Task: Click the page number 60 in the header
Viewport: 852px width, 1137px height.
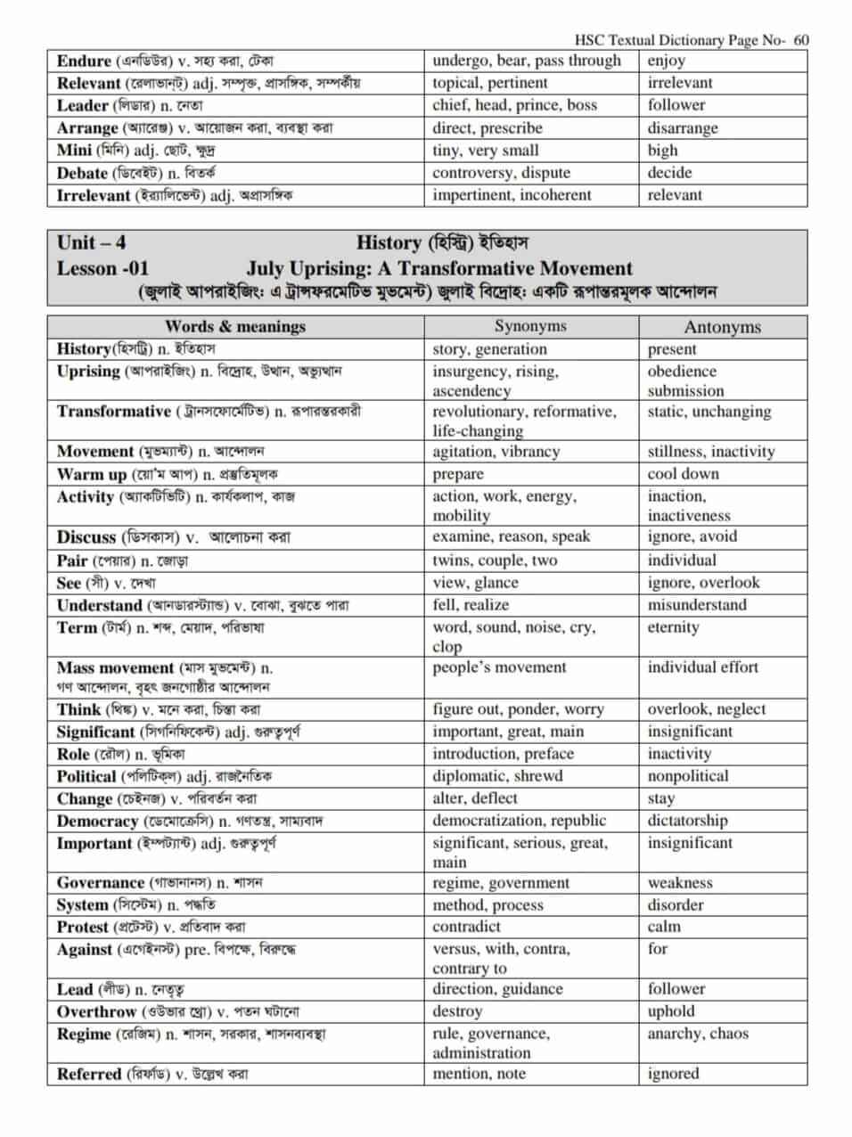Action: coord(800,39)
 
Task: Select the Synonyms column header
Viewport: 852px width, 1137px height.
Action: coord(530,326)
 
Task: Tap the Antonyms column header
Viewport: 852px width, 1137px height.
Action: coord(722,327)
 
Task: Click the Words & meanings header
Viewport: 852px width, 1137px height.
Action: coord(235,326)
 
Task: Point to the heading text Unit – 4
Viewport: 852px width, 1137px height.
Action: coord(91,242)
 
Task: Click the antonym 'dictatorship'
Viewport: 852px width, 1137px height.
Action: coord(687,821)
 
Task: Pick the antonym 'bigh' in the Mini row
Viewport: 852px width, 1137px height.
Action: coord(662,151)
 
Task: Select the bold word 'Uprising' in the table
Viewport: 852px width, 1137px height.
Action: coord(88,372)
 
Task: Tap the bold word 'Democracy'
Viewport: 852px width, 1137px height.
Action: coord(97,822)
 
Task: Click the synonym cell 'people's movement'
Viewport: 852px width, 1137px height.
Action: coord(499,667)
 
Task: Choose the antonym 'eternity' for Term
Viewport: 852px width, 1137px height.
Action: coord(673,627)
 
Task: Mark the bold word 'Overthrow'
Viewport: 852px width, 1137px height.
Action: coord(96,1012)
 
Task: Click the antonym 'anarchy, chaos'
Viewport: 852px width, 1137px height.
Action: coord(698,1034)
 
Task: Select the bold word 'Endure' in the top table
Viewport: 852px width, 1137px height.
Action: coord(84,61)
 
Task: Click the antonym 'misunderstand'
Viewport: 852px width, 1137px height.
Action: coord(697,605)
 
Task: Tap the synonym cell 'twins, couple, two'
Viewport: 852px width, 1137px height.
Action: coord(495,560)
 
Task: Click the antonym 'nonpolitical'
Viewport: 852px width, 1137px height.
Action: coord(688,776)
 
